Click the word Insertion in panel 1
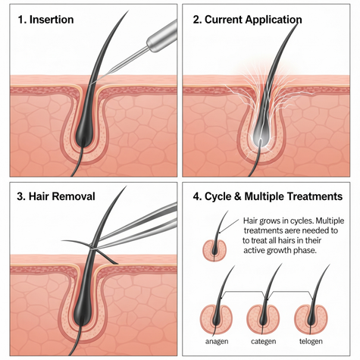pyautogui.click(x=52, y=20)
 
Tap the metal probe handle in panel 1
pyautogui.click(x=162, y=36)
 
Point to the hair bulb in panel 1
pyautogui.click(x=85, y=135)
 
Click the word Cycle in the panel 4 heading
pyautogui.click(x=218, y=196)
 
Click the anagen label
pyautogui.click(x=217, y=342)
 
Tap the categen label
pyautogui.click(x=264, y=342)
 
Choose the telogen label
pyautogui.click(x=311, y=341)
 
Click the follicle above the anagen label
pyautogui.click(x=216, y=319)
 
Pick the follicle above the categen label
pyautogui.click(x=263, y=319)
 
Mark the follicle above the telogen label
pyautogui.click(x=311, y=319)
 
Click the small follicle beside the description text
pyautogui.click(x=214, y=251)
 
